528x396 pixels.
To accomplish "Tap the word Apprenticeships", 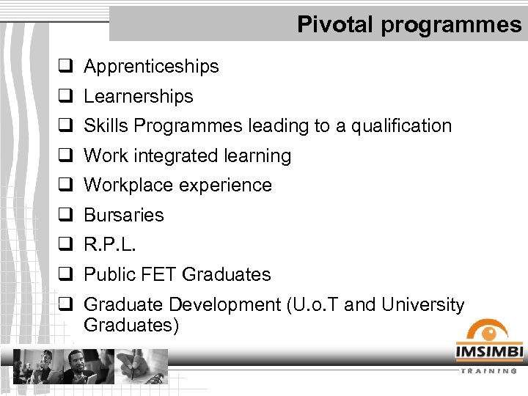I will pos(151,67).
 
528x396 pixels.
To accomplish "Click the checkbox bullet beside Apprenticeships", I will pos(64,66).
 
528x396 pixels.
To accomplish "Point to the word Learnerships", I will pos(139,96).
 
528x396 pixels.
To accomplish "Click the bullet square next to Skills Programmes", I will pos(64,125).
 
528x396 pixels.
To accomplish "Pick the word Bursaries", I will pos(124,215).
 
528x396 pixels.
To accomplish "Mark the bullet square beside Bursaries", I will pos(64,215).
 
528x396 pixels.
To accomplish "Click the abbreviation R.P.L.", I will pos(110,245).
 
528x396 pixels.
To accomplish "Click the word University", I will pos(422,304).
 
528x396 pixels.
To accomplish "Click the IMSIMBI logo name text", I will pos(488,353).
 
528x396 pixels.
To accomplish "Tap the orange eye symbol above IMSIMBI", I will pos(488,329).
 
